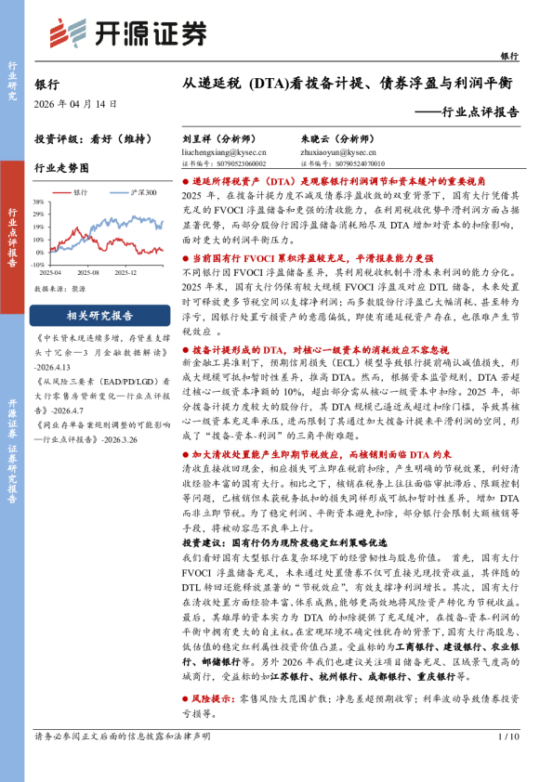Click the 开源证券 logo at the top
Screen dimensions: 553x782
click(x=126, y=33)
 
